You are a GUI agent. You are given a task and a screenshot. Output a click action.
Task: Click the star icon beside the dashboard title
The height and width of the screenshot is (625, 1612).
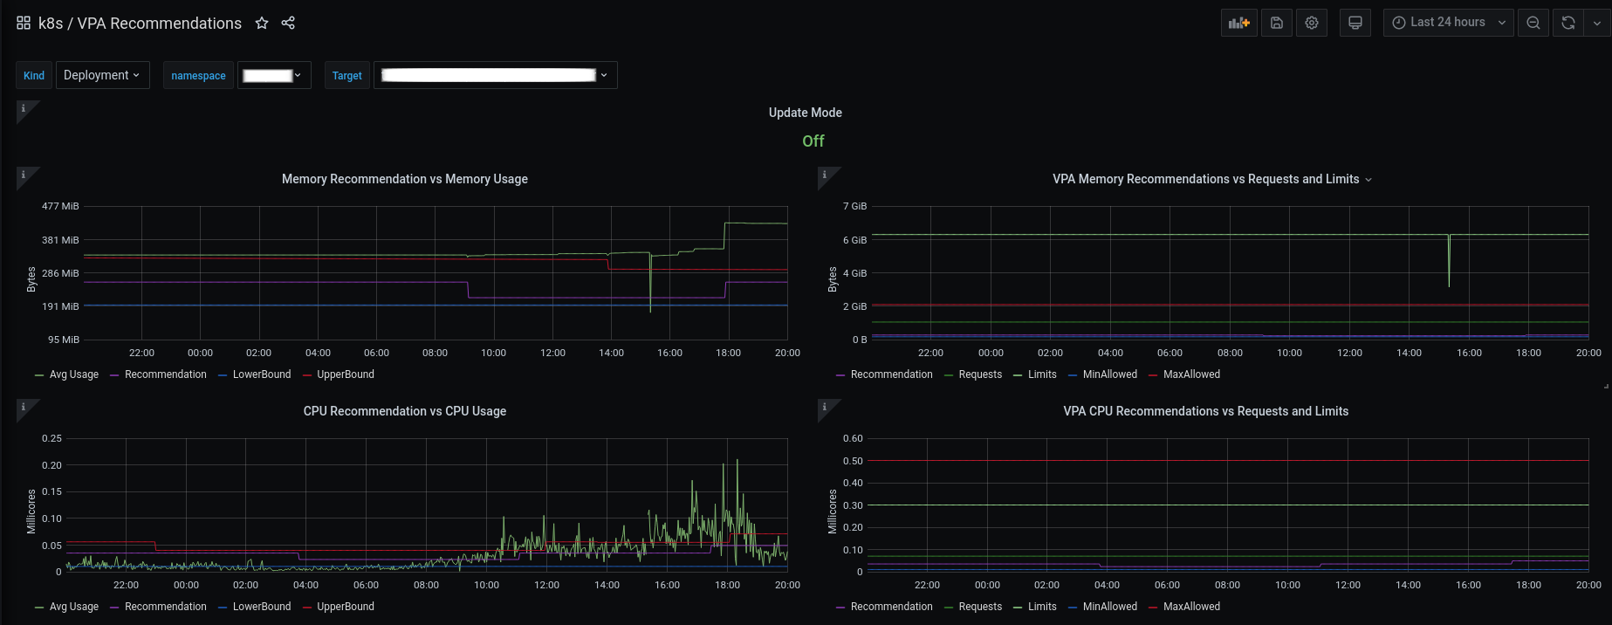pos(262,24)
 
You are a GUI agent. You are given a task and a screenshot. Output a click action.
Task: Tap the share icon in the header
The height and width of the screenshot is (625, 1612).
pos(288,24)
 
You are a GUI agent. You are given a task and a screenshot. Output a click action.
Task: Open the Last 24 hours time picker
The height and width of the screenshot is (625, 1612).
pos(1448,23)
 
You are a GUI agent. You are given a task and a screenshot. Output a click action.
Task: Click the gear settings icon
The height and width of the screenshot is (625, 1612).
pos(1312,23)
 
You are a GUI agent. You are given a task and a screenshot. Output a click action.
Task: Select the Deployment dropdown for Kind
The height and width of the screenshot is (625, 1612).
pos(102,75)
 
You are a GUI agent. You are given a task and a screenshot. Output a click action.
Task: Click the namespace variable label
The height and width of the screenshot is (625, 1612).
pos(198,76)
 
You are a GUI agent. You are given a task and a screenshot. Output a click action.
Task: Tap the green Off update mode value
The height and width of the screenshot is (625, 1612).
pos(813,141)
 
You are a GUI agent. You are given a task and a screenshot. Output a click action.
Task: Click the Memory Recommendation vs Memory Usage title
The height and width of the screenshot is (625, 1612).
pos(404,179)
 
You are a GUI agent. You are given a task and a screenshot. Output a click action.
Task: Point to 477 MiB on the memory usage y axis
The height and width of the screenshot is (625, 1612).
pos(60,206)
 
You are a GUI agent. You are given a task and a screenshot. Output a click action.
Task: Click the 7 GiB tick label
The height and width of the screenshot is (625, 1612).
pos(854,206)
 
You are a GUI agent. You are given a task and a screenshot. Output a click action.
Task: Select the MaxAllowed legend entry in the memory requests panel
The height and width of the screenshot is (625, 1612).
pos(1191,374)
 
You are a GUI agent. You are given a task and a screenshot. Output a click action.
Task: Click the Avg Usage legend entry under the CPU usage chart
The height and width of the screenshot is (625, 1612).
pos(73,607)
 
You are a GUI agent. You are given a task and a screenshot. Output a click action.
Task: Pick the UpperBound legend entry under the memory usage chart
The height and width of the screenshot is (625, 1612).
pos(345,374)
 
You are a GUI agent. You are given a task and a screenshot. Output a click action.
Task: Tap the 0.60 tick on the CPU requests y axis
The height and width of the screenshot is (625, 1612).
pos(853,438)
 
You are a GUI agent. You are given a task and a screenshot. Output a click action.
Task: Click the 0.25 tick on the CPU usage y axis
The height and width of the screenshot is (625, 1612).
pos(51,438)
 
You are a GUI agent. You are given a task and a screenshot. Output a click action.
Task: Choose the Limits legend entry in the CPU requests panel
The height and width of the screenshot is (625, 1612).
pos(1042,607)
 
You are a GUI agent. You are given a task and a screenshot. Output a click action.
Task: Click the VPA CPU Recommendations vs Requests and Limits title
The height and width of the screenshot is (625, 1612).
pos(1205,411)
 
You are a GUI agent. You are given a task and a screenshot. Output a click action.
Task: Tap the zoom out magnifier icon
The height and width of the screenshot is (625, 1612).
pos(1533,23)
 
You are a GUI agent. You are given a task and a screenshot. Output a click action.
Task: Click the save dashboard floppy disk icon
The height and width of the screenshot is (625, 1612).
pos(1276,23)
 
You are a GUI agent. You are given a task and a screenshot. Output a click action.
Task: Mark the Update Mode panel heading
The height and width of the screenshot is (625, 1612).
pos(805,113)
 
